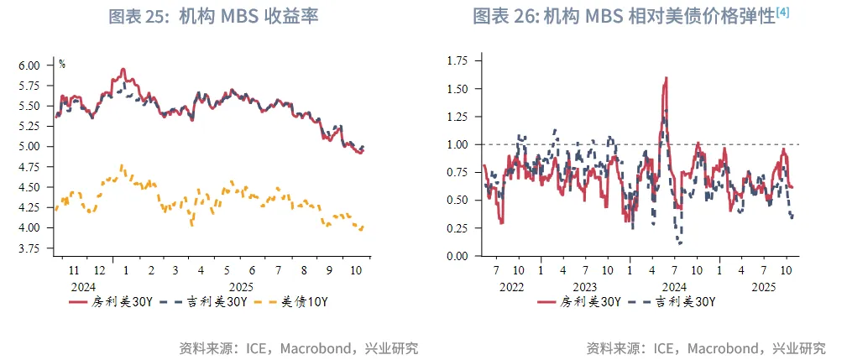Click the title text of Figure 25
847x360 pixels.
[214, 17]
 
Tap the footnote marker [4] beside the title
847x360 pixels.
[782, 12]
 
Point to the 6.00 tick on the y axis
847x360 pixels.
[29, 65]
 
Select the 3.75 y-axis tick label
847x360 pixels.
[29, 248]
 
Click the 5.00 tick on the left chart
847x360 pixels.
[29, 147]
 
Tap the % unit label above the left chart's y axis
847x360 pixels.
[62, 64]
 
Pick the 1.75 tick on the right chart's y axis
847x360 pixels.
[457, 60]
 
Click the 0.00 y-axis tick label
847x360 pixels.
[457, 256]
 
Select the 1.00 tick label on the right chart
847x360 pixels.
[457, 144]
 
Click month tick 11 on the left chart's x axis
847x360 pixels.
[74, 271]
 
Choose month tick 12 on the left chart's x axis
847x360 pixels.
[100, 271]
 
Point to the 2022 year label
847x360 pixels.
[511, 286]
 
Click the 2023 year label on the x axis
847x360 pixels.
[584, 286]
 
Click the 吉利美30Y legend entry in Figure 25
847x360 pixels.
[196, 302]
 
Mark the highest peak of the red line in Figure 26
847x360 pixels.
[666, 78]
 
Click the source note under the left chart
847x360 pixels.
[298, 348]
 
